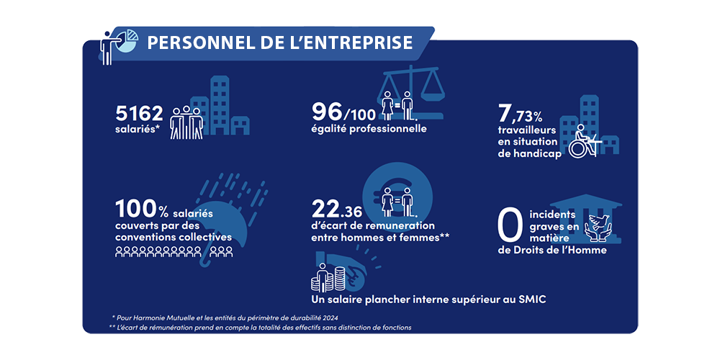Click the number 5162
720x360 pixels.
pos(140,114)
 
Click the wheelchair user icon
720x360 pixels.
pos(580,140)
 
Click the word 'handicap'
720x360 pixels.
pos(533,154)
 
